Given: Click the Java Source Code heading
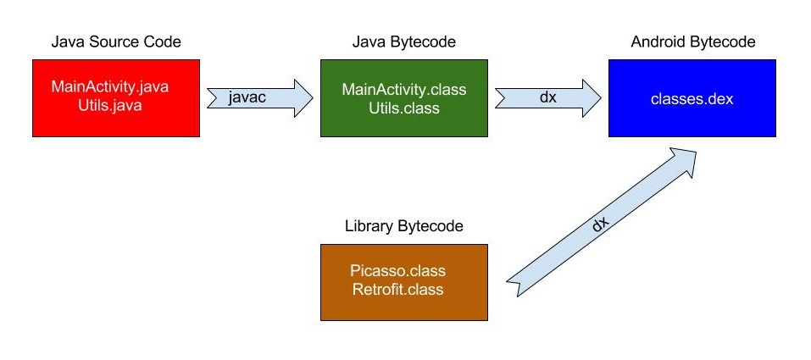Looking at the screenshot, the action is pyautogui.click(x=116, y=42).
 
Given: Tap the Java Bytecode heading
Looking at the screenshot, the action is pyautogui.click(x=404, y=42).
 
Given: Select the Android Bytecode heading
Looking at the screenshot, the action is pyautogui.click(x=693, y=42).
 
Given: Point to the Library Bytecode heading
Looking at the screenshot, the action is pyautogui.click(x=404, y=226).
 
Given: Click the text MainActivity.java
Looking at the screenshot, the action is pyautogui.click(x=109, y=86).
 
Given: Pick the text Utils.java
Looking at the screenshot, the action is pyautogui.click(x=110, y=106).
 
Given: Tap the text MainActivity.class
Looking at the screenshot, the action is pyautogui.click(x=404, y=89).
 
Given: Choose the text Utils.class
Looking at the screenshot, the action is pyautogui.click(x=404, y=108).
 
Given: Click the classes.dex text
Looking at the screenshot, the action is pyautogui.click(x=692, y=99).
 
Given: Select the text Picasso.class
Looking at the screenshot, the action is pyautogui.click(x=397, y=270).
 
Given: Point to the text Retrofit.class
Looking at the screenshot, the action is pyautogui.click(x=397, y=289).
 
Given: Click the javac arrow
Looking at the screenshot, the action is pyautogui.click(x=260, y=98).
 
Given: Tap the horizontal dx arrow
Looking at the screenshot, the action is pyautogui.click(x=548, y=98).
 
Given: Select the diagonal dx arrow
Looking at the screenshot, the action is pyautogui.click(x=602, y=222).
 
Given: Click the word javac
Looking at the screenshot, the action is pyautogui.click(x=247, y=97).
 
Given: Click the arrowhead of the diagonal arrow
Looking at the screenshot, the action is pyautogui.click(x=683, y=158).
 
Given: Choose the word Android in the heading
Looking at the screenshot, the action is pyautogui.click(x=658, y=42).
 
